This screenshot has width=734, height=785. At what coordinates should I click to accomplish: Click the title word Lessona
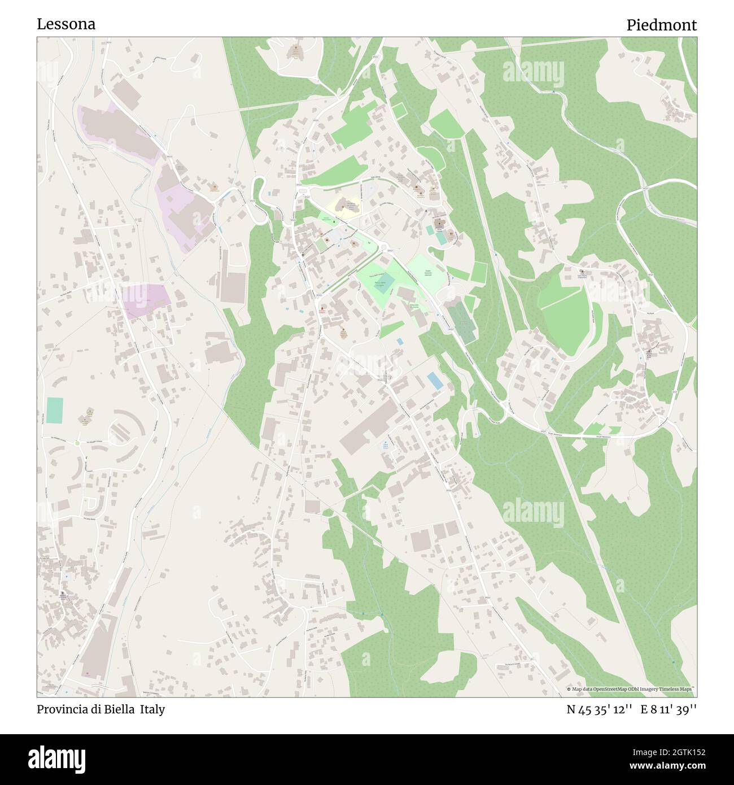(x=66, y=24)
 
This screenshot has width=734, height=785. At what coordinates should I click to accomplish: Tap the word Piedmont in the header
(x=661, y=25)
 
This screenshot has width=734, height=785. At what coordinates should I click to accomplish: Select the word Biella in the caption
(x=120, y=709)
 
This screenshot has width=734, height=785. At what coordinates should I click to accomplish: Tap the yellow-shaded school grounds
(x=341, y=204)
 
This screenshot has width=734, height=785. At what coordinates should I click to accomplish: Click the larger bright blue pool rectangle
(x=435, y=380)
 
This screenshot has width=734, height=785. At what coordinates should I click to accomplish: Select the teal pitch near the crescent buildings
(x=55, y=411)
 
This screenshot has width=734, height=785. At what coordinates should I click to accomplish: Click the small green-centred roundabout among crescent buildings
(x=77, y=443)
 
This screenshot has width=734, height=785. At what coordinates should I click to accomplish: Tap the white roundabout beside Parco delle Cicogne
(x=383, y=249)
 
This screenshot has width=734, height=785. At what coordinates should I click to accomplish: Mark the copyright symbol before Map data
(x=569, y=689)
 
